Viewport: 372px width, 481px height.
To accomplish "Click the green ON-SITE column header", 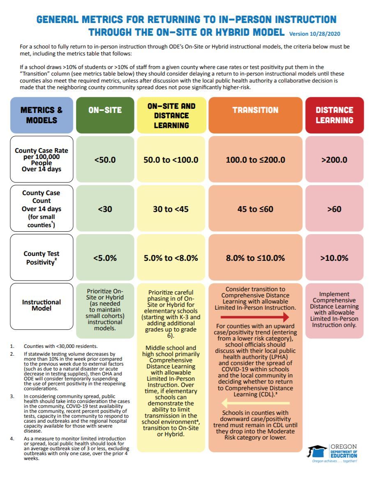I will pyautogui.click(x=105, y=110).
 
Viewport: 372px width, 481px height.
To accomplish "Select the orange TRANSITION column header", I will pyautogui.click(x=255, y=110).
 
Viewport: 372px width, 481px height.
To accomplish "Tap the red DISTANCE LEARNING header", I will pyautogui.click(x=334, y=115).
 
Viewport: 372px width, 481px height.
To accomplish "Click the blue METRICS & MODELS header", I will pyautogui.click(x=42, y=115).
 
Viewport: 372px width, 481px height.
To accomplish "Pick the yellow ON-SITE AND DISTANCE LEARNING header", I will pyautogui.click(x=171, y=115).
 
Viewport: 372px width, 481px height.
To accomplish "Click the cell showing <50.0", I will pyautogui.click(x=105, y=159).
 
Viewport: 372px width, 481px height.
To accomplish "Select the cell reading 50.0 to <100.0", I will pyautogui.click(x=171, y=159).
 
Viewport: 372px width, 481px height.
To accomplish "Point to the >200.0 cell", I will pyautogui.click(x=334, y=159).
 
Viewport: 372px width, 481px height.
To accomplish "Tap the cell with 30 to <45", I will pyautogui.click(x=171, y=209).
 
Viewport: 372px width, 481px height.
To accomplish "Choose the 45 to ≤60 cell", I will pyautogui.click(x=255, y=209).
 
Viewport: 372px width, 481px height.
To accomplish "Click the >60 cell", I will pyautogui.click(x=334, y=209).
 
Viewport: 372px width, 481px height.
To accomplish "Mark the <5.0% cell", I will pyautogui.click(x=105, y=258).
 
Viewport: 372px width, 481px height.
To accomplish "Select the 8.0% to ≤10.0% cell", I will pyautogui.click(x=255, y=258).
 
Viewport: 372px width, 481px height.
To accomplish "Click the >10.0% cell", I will pyautogui.click(x=334, y=258).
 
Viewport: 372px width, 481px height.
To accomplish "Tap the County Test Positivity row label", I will pyautogui.click(x=42, y=258).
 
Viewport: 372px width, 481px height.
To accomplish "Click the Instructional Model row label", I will pyautogui.click(x=42, y=305).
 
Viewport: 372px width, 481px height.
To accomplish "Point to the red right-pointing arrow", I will pyautogui.click(x=255, y=317).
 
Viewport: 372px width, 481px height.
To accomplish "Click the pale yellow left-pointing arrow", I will pyautogui.click(x=255, y=403).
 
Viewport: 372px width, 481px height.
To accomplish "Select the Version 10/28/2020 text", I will pyautogui.click(x=314, y=33).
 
